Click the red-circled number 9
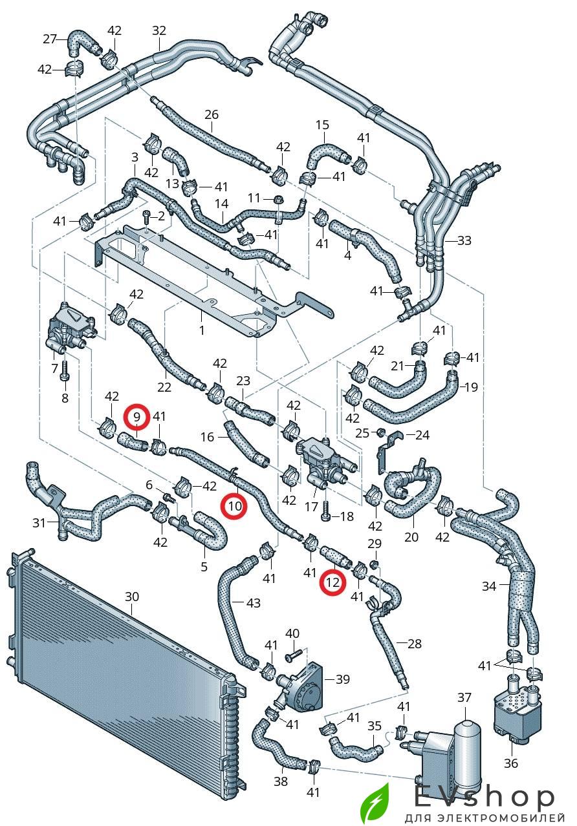coord(137,417)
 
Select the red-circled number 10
coord(234,506)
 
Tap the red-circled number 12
coord(332,583)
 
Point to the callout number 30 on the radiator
coord(131,596)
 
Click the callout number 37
coord(464,697)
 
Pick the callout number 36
coord(512,764)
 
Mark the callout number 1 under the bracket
coord(201,331)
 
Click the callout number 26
coord(212,115)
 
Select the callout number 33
coord(464,240)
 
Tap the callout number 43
coord(254,602)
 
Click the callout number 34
coord(489,586)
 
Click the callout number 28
coord(414,643)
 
